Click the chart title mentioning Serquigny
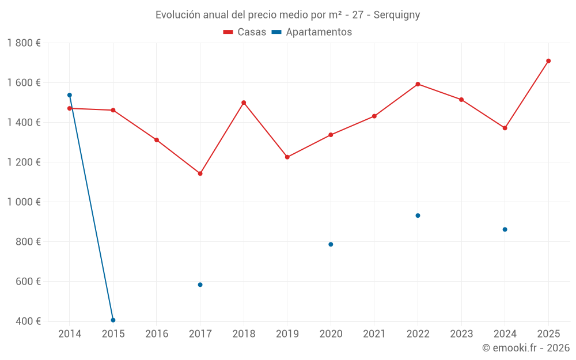pos(287,15)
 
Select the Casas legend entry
pos(245,32)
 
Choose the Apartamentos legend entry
pos(312,32)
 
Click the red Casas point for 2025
pos(548,61)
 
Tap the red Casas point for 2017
pos(200,173)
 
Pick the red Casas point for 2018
pos(244,103)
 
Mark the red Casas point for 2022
pos(418,84)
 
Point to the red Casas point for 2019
pos(287,157)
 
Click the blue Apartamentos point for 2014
pos(70,95)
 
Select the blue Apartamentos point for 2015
pos(113,320)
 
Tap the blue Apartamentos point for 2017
pos(200,285)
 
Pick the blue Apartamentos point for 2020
pos(331,244)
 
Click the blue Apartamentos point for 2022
pos(418,215)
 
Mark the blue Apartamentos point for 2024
pos(505,229)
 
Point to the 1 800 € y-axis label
pos(24,43)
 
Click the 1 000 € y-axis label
pos(24,202)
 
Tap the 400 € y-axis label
pos(27,321)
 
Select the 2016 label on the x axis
pos(157,334)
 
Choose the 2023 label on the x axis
pos(461,334)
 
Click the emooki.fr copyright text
pos(525,348)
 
